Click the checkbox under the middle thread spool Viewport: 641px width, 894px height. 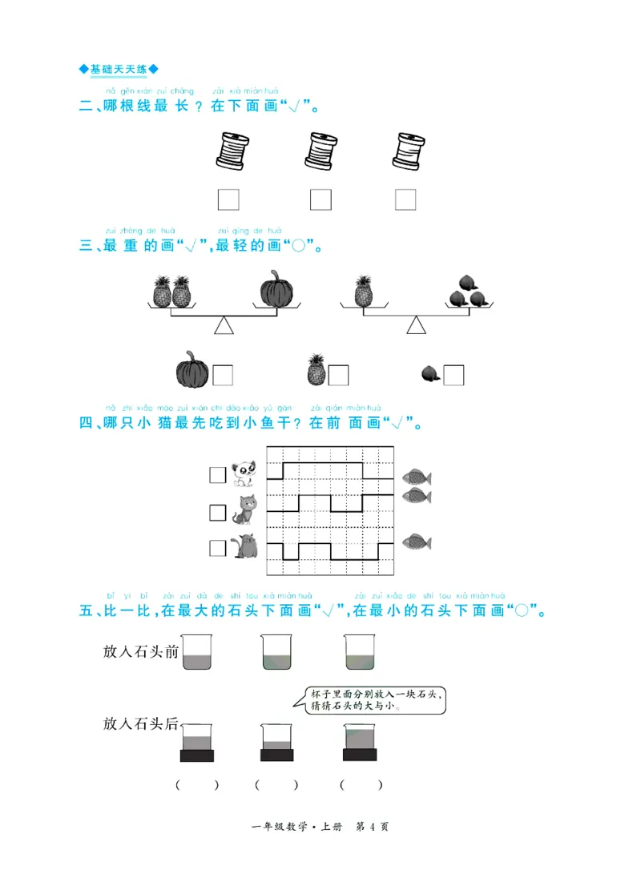320,199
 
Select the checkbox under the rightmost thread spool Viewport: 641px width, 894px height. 405,199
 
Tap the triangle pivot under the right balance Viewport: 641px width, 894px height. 416,324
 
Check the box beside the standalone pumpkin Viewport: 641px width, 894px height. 223,375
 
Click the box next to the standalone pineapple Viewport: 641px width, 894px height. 338,375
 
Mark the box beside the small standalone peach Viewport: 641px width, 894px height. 454,375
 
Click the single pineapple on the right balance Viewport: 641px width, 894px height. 363,292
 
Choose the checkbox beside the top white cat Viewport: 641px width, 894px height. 218,475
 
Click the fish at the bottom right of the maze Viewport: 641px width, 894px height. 416,542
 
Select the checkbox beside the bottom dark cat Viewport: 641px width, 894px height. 218,548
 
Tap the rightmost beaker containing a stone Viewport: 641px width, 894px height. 360,742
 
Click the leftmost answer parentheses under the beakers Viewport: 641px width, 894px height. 197,785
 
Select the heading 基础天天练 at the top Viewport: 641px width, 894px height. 119,70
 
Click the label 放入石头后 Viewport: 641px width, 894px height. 141,723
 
